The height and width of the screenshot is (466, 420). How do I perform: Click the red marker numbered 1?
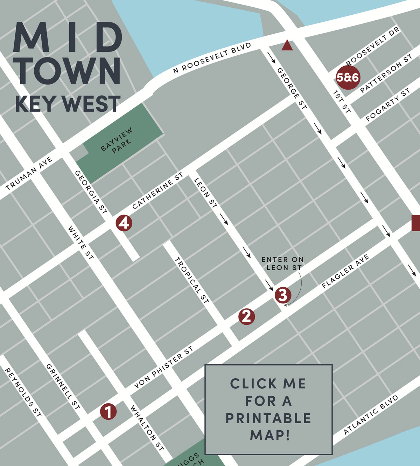point(108,411)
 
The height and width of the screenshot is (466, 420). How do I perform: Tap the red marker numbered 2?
point(246,316)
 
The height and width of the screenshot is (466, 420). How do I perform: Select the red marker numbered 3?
point(283,295)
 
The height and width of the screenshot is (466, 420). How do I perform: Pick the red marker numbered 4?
point(124,223)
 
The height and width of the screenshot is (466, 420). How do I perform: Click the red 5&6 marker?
point(348,77)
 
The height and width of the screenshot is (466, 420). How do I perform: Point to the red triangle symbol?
point(287,46)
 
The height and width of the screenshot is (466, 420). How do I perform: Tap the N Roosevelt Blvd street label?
point(212,58)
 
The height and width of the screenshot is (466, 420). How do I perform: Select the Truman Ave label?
point(29,173)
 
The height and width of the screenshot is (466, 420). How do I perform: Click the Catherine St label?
point(158,191)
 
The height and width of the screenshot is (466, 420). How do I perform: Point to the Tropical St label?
point(192,280)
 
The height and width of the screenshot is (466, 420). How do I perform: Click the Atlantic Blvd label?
point(371,414)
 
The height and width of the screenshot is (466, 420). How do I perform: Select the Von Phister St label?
point(163,367)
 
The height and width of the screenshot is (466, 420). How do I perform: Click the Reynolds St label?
point(23,392)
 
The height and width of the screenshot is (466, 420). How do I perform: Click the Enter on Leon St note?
point(283,263)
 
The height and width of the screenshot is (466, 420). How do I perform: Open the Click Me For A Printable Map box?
point(268,409)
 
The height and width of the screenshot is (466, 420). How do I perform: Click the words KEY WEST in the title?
point(68,104)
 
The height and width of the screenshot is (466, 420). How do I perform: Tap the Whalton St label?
point(147,428)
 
